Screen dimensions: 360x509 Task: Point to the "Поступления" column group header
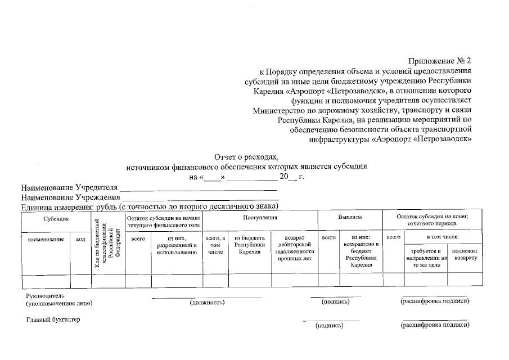tap(260, 217)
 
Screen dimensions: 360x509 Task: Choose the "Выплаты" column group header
tap(350, 217)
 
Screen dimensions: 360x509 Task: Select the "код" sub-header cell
tap(80, 240)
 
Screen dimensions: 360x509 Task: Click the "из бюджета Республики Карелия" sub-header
tap(249, 245)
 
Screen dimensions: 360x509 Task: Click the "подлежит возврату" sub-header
tap(465, 254)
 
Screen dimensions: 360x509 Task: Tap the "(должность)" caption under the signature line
tap(208, 303)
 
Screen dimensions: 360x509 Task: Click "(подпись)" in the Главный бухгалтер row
tap(330, 326)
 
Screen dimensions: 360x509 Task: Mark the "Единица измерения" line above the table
tap(150, 207)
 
